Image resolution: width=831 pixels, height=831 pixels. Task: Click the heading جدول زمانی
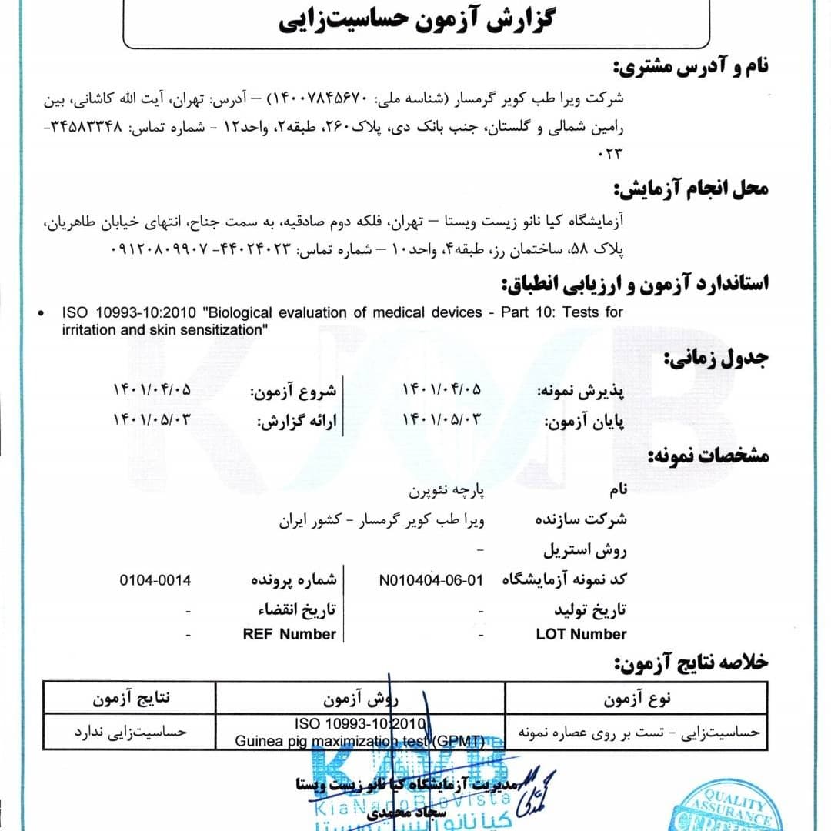click(x=716, y=359)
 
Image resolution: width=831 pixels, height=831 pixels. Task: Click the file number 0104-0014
click(x=155, y=579)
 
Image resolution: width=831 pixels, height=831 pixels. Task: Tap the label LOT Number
click(x=581, y=635)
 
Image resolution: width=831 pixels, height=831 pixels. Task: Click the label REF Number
click(x=289, y=635)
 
